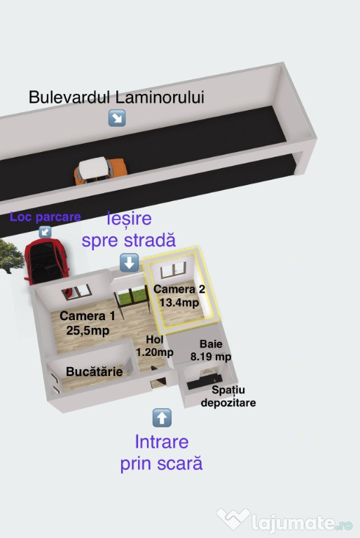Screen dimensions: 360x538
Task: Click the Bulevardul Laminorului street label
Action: pyautogui.click(x=116, y=97)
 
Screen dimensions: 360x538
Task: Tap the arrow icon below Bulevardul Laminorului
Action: pyautogui.click(x=117, y=118)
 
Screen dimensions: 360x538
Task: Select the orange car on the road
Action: pyautogui.click(x=100, y=170)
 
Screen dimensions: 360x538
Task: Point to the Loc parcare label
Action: pyautogui.click(x=46, y=217)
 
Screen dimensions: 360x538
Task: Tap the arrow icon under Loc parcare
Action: pyautogui.click(x=45, y=232)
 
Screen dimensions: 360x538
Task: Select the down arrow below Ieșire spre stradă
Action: pyautogui.click(x=130, y=263)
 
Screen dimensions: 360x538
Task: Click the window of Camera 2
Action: pyautogui.click(x=173, y=270)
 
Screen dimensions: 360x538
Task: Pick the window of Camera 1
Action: pyautogui.click(x=76, y=292)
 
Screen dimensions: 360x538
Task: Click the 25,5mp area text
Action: pyautogui.click(x=88, y=331)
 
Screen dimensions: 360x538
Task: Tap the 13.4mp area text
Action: pyautogui.click(x=179, y=303)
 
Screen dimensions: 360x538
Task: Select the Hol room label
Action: pyautogui.click(x=154, y=339)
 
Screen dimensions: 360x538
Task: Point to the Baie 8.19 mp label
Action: pyautogui.click(x=211, y=350)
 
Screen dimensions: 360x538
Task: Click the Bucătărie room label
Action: pyautogui.click(x=95, y=371)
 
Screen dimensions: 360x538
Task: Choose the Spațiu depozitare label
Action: pyautogui.click(x=228, y=396)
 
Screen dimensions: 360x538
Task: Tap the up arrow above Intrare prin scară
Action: pyautogui.click(x=162, y=418)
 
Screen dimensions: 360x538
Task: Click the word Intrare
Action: pyautogui.click(x=162, y=441)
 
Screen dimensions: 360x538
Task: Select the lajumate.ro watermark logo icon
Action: pyautogui.click(x=233, y=518)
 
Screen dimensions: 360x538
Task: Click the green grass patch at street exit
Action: pyautogui.click(x=132, y=296)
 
